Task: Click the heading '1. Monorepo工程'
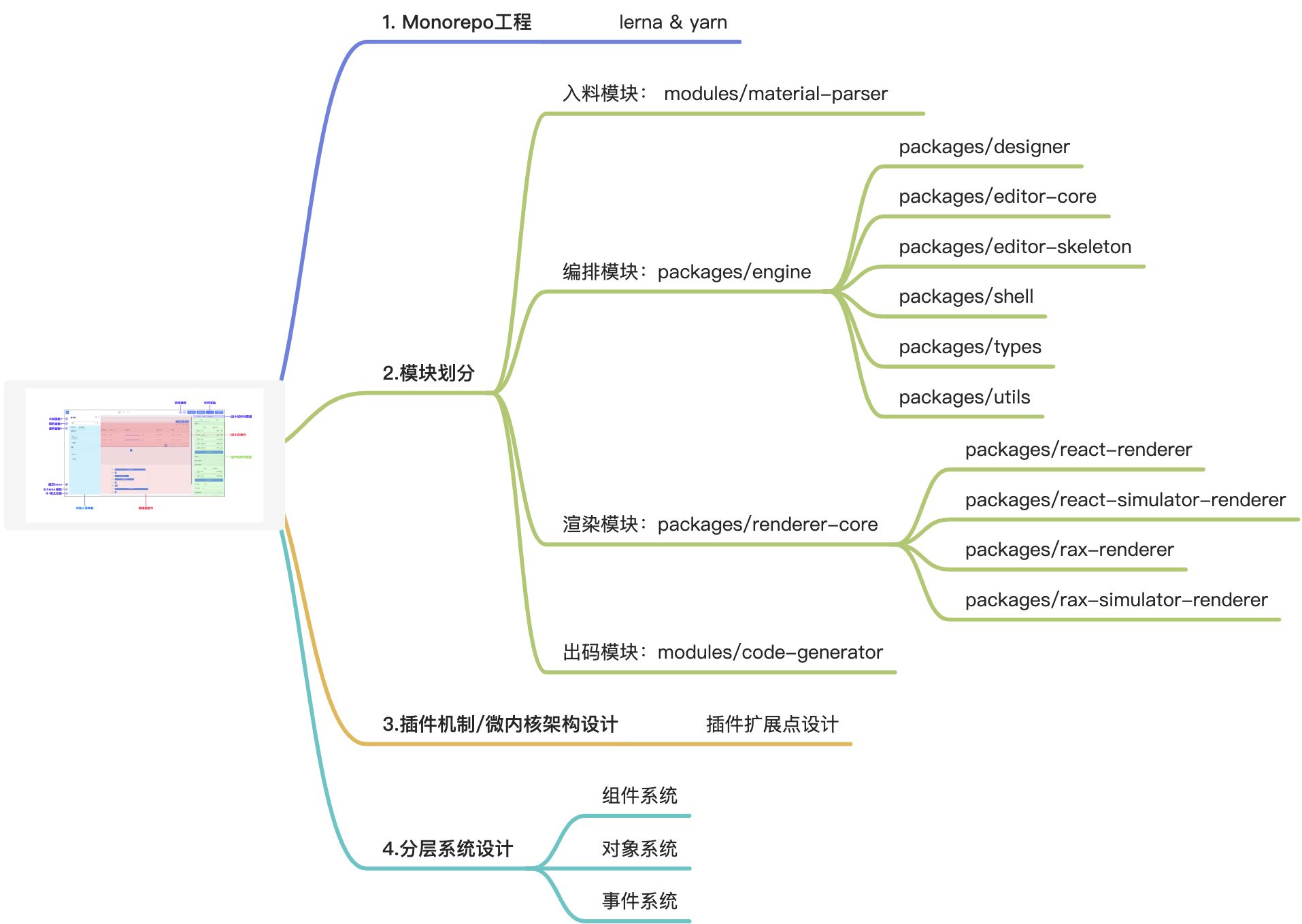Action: (456, 22)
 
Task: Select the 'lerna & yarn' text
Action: (673, 22)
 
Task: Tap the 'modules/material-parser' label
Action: (775, 94)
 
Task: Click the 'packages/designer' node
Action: (984, 147)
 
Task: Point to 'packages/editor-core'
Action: (997, 197)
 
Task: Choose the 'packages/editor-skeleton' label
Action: (1015, 247)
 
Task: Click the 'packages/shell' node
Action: (966, 297)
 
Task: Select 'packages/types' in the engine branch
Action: (970, 347)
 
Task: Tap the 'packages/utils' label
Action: (964, 397)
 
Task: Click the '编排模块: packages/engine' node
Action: (686, 272)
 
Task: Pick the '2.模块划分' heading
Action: (429, 373)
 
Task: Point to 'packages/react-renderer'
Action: (1078, 450)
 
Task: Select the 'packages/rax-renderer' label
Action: (1069, 550)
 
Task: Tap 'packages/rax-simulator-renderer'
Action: (1116, 600)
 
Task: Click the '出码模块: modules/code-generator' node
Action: (722, 653)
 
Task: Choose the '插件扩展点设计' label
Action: (772, 724)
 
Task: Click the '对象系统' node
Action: (639, 849)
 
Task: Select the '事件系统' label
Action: (639, 902)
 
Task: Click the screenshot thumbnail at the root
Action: (144, 455)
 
